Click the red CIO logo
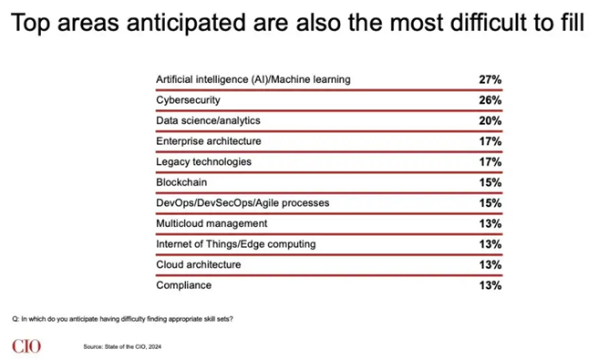[26, 346]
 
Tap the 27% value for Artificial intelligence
[491, 79]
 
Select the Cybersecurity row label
[188, 100]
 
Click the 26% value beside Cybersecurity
[491, 100]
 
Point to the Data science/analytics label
[208, 120]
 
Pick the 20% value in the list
[491, 120]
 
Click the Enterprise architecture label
[208, 141]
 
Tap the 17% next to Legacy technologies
[491, 162]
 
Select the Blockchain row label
[181, 182]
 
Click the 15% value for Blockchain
[491, 182]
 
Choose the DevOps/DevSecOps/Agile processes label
[243, 202]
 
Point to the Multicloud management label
[212, 223]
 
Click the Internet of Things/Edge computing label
[236, 244]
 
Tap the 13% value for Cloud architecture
[491, 264]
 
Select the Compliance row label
[183, 285]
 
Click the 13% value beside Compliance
[491, 285]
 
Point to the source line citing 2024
[122, 346]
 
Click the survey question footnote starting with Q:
[122, 319]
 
